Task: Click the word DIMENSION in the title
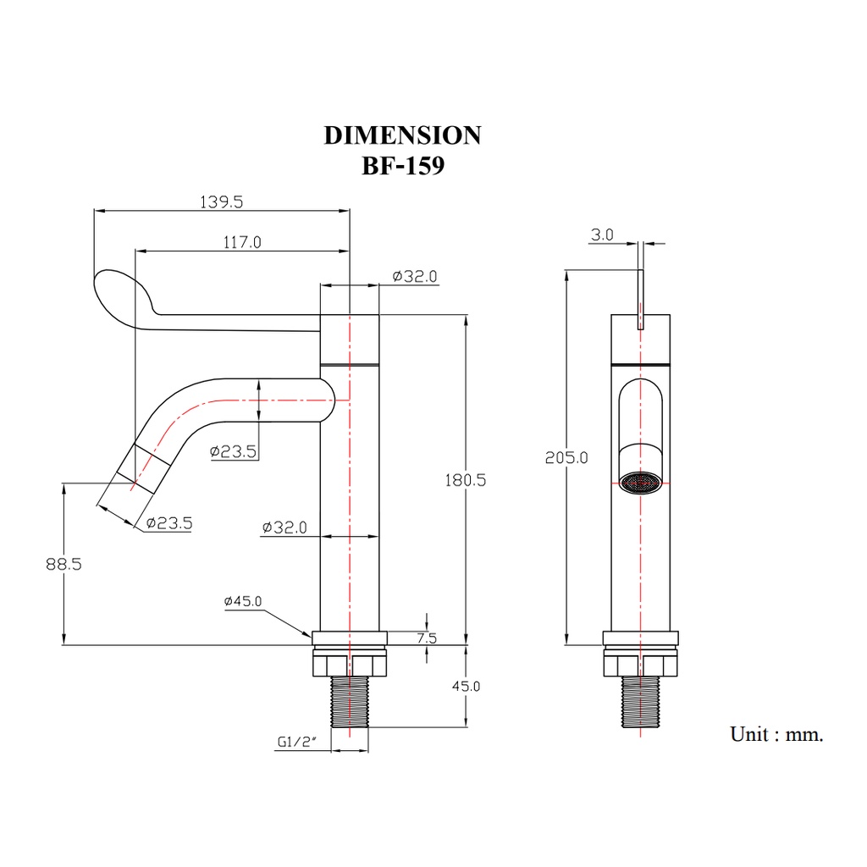(x=402, y=135)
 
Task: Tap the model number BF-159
(x=403, y=165)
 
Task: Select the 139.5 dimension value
(x=221, y=202)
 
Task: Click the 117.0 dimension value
(x=242, y=242)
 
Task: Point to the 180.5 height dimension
(x=466, y=480)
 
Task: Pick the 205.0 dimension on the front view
(x=566, y=458)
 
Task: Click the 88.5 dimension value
(x=64, y=564)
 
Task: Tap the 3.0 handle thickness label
(x=602, y=235)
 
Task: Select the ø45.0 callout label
(x=243, y=601)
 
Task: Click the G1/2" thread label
(x=297, y=742)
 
